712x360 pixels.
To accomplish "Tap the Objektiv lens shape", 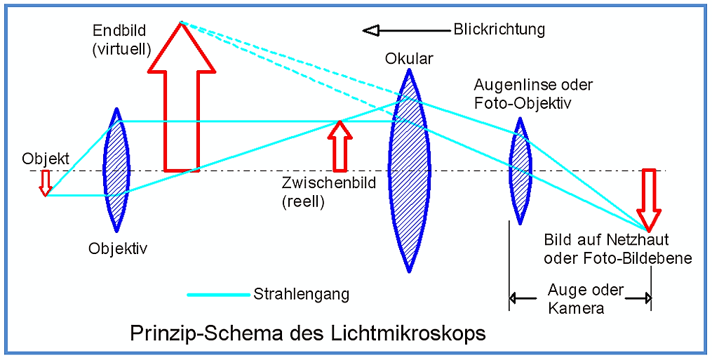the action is click(116, 170).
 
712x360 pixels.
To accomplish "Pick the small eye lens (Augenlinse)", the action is click(520, 171).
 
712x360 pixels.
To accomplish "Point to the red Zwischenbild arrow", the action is click(340, 147).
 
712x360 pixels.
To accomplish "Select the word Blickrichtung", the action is click(499, 29).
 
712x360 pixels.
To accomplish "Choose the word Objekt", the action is click(46, 159).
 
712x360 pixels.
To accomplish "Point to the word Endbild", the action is click(119, 30).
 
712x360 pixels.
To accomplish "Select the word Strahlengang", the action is click(301, 294).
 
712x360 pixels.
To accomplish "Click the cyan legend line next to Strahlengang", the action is click(218, 295).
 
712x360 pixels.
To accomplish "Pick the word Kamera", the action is click(576, 308).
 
